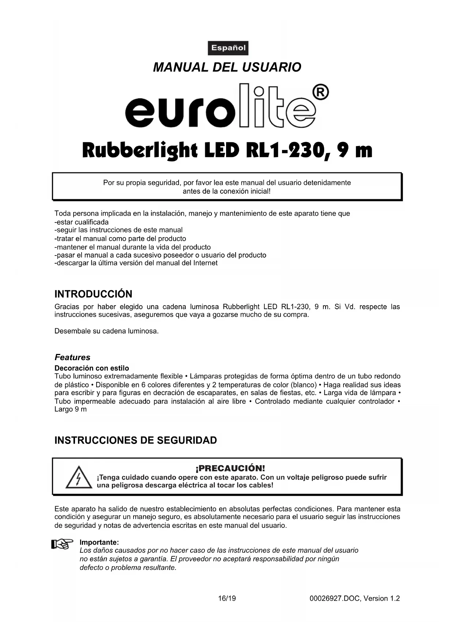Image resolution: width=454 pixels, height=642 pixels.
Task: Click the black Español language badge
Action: point(228,48)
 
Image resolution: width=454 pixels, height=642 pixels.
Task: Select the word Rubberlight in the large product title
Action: point(140,150)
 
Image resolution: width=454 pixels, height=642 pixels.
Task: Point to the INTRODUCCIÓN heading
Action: point(93,294)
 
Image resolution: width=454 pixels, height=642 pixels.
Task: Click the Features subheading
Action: point(72,357)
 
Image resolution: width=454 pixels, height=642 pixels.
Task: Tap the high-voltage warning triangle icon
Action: point(79,478)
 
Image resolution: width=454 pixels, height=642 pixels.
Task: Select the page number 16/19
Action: point(227,598)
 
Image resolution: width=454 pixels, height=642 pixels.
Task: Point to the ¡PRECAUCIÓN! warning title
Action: point(230,468)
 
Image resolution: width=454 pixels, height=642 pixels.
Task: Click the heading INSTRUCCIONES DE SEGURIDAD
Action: point(135,440)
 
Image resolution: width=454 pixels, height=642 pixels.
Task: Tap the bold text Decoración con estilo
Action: point(92,368)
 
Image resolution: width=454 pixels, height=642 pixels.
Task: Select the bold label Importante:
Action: point(99,542)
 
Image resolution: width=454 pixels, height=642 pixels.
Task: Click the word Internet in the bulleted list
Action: point(205,263)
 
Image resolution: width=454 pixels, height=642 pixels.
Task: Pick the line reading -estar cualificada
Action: point(82,222)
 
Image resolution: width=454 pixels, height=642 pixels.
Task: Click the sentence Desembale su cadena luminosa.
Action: point(106,331)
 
